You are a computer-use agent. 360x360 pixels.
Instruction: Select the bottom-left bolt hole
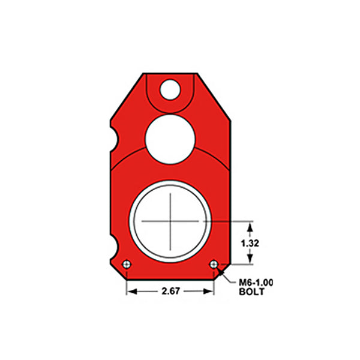pos(126,265)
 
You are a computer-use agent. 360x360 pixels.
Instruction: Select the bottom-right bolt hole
pos(214,264)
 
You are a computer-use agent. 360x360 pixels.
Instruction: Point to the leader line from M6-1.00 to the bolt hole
pos(223,273)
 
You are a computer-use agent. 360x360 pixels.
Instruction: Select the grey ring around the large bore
pos(134,221)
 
